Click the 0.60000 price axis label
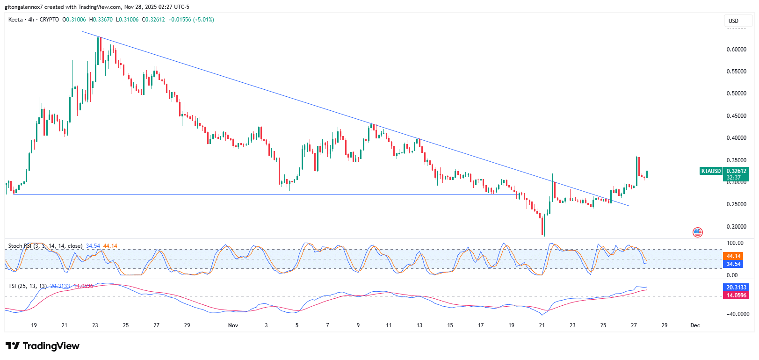736,50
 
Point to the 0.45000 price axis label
736,116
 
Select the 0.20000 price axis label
736,227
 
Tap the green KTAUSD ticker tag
711,171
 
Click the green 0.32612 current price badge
736,171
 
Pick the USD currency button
733,21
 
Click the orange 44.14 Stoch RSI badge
733,256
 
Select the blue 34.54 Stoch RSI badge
733,264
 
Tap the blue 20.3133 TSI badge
736,288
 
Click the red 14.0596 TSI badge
736,295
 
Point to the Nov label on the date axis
233,325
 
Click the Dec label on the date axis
695,325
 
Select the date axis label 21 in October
65,325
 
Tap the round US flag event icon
697,232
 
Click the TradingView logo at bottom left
43,346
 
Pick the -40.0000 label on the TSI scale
738,314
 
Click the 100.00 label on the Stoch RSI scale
735,243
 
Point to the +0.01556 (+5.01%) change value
191,20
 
